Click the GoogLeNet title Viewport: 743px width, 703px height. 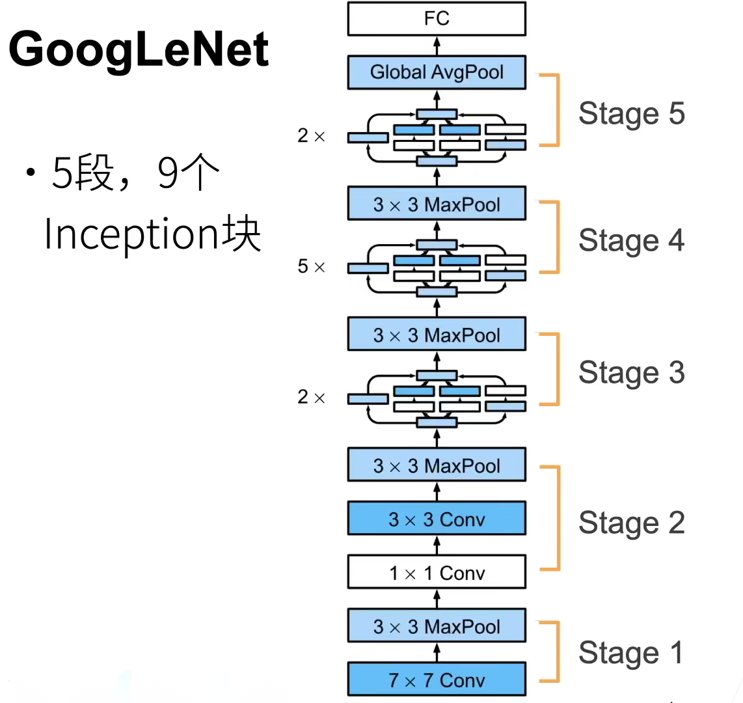[x=139, y=50]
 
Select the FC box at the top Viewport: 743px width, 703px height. [x=437, y=18]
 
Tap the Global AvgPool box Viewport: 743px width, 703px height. [x=437, y=72]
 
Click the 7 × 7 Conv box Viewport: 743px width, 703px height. [x=437, y=680]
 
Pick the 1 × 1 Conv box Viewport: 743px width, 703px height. [x=437, y=573]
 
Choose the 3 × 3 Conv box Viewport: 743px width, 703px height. [x=437, y=519]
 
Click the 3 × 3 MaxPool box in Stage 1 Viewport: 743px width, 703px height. [x=437, y=627]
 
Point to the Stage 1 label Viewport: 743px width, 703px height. [x=631, y=653]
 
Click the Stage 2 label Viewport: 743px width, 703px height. [x=631, y=523]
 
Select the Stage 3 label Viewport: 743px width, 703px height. [x=631, y=373]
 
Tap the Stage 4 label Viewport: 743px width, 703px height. [x=631, y=240]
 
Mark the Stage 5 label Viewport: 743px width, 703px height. [x=631, y=114]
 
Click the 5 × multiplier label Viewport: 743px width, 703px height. [x=311, y=266]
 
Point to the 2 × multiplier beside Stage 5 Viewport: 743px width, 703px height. [x=311, y=135]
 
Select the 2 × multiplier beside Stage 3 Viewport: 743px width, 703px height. [x=311, y=396]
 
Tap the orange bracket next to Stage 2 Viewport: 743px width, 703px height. [x=556, y=518]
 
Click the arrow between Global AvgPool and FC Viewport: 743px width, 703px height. [x=437, y=46]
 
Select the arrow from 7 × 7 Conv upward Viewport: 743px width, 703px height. [x=437, y=652]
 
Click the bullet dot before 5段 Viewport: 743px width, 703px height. [x=30, y=173]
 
